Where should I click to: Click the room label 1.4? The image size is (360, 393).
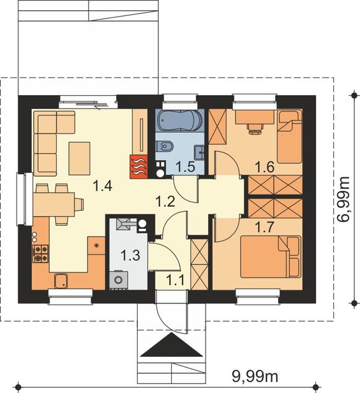pos(102,186)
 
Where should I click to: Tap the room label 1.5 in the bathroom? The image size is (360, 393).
pos(185,167)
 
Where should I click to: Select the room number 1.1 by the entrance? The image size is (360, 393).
pos(176,280)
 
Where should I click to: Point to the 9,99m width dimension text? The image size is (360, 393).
pos(255,376)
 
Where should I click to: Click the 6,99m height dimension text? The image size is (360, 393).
pos(343,199)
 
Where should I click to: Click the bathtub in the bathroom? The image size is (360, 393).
pos(180,121)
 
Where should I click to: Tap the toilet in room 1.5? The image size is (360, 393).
pos(165,146)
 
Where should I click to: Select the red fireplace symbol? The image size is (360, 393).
pos(139,167)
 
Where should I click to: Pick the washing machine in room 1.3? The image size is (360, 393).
pos(118,279)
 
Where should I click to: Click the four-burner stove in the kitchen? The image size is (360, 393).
pos(40,254)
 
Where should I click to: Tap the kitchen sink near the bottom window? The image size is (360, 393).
pos(61,281)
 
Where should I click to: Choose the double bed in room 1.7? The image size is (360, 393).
pos(271,256)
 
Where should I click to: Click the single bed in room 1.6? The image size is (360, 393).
pos(289,137)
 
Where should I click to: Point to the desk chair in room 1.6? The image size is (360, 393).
pos(255,129)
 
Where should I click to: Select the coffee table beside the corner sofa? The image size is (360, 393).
pos(80,158)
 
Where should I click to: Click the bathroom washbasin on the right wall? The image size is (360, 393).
pos(200,152)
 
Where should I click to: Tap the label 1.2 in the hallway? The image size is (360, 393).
pos(165,201)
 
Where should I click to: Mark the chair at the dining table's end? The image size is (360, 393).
pos(79,204)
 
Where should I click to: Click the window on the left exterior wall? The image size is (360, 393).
pos(21,199)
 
